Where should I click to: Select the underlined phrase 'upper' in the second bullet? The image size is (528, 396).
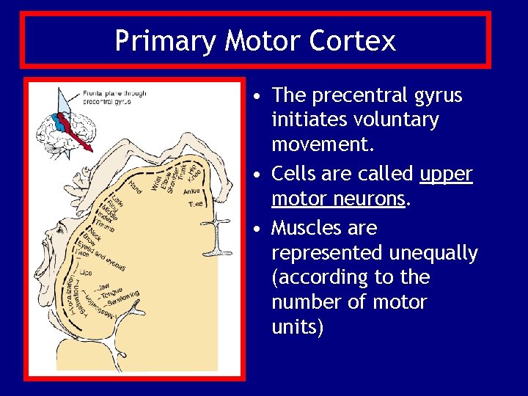(447, 174)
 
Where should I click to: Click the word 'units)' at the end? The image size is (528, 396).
(297, 326)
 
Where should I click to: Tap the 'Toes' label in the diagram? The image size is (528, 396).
(195, 204)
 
